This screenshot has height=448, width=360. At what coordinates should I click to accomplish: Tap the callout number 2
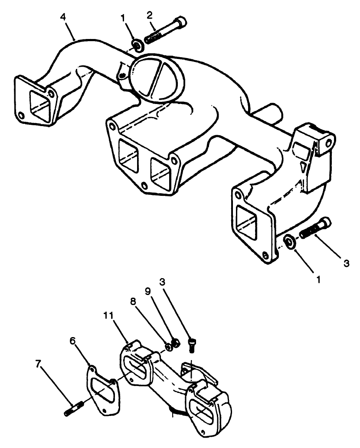[x=150, y=16]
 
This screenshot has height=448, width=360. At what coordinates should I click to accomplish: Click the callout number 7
[x=39, y=364]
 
